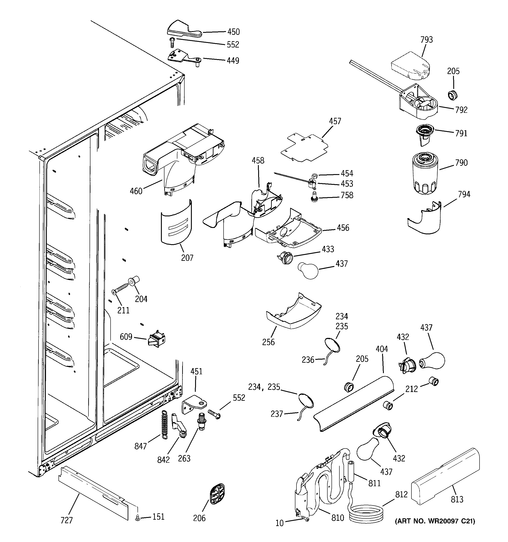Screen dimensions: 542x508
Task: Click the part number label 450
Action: pyautogui.click(x=233, y=32)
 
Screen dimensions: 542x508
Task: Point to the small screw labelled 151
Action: pyautogui.click(x=138, y=517)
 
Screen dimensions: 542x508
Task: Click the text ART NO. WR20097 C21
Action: pyautogui.click(x=435, y=521)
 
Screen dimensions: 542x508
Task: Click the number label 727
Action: pyautogui.click(x=67, y=521)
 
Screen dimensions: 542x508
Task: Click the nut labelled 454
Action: pyautogui.click(x=314, y=175)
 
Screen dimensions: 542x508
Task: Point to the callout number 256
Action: pyautogui.click(x=268, y=342)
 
